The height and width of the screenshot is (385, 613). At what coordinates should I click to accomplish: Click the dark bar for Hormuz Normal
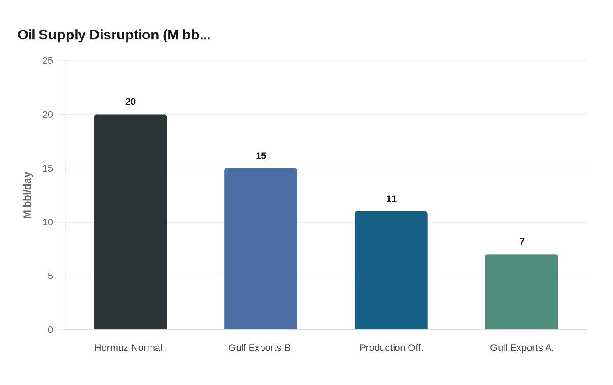[130, 222]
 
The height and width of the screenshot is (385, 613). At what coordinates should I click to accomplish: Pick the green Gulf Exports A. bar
[521, 292]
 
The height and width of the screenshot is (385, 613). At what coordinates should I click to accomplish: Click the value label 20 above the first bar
[130, 102]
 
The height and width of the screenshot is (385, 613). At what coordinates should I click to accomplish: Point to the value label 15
[261, 156]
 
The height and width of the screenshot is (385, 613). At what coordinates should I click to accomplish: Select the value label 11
[391, 199]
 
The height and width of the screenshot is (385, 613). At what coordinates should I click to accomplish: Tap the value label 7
[521, 242]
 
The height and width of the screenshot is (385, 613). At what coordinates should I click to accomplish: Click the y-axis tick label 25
[47, 61]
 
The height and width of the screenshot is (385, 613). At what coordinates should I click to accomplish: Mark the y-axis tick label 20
[47, 115]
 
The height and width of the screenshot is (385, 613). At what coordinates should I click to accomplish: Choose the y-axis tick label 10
[47, 222]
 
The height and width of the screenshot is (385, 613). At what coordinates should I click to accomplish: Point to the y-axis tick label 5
[50, 276]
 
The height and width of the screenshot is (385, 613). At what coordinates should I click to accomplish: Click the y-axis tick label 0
[50, 330]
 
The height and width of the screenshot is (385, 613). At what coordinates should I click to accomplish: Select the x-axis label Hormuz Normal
[130, 348]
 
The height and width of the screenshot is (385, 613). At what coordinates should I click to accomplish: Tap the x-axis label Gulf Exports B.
[261, 348]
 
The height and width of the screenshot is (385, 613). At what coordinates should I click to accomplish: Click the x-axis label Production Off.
[391, 348]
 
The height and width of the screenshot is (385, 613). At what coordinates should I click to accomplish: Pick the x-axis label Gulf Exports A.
[521, 348]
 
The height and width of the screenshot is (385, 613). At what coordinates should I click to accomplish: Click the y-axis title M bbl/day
[28, 195]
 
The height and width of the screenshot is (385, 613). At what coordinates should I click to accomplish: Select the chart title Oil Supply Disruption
[114, 35]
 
